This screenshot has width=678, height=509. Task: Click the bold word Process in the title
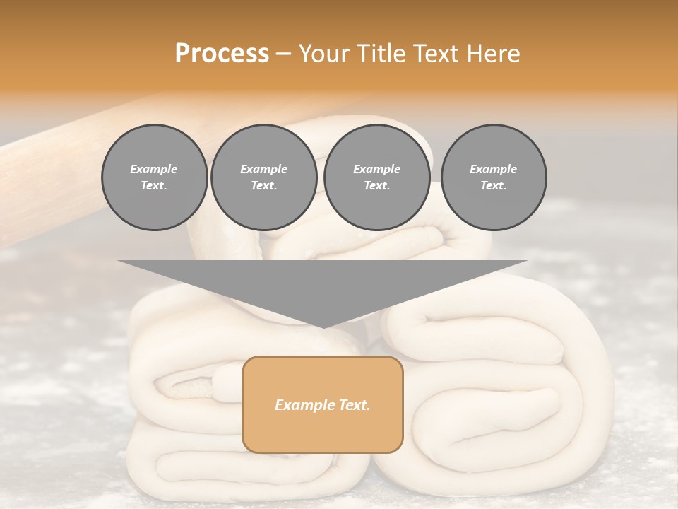pos(222,54)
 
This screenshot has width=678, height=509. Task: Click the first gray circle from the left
pos(154,177)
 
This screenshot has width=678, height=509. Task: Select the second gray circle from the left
pos(264,177)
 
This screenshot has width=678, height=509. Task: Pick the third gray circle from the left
pos(377,177)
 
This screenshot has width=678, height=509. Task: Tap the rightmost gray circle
pos(494,177)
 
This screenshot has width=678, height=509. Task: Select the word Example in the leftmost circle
pos(154,169)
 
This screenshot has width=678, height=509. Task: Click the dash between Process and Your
pos(284,54)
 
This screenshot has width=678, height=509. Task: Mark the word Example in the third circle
pos(377,169)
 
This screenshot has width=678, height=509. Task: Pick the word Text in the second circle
pos(263,185)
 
